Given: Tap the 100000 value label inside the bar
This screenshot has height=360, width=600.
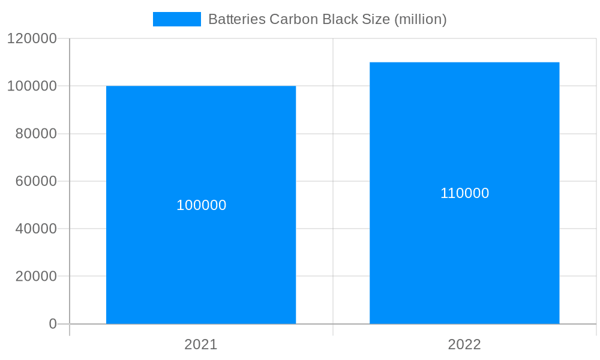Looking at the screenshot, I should pos(201,205).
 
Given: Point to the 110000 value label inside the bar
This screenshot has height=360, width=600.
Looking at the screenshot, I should pos(464,193).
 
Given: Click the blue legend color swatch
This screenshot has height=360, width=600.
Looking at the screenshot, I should pos(177,19).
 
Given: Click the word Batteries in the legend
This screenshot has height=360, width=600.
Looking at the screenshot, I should pos(236,19).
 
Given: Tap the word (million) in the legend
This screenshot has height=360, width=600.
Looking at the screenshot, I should pos(420,19).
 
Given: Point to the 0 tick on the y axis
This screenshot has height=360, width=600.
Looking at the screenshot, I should pos(52,324).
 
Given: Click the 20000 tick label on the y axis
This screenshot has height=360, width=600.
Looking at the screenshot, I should pos(35,277).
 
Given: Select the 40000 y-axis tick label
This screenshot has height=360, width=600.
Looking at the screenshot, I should pos(35,229).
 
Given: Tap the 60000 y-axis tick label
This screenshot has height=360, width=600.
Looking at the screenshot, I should pos(35,181).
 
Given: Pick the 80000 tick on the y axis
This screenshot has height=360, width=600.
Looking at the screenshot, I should pos(35,134).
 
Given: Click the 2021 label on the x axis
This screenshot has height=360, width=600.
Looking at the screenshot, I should pos(201,345).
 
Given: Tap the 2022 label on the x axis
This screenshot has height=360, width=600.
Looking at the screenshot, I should pos(464,345).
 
